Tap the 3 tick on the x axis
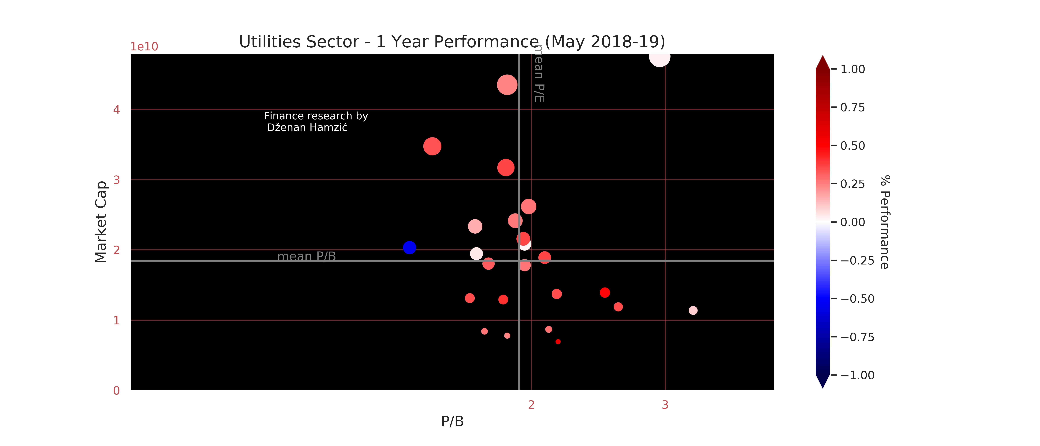pos(665,405)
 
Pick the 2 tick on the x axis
pos(531,405)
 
